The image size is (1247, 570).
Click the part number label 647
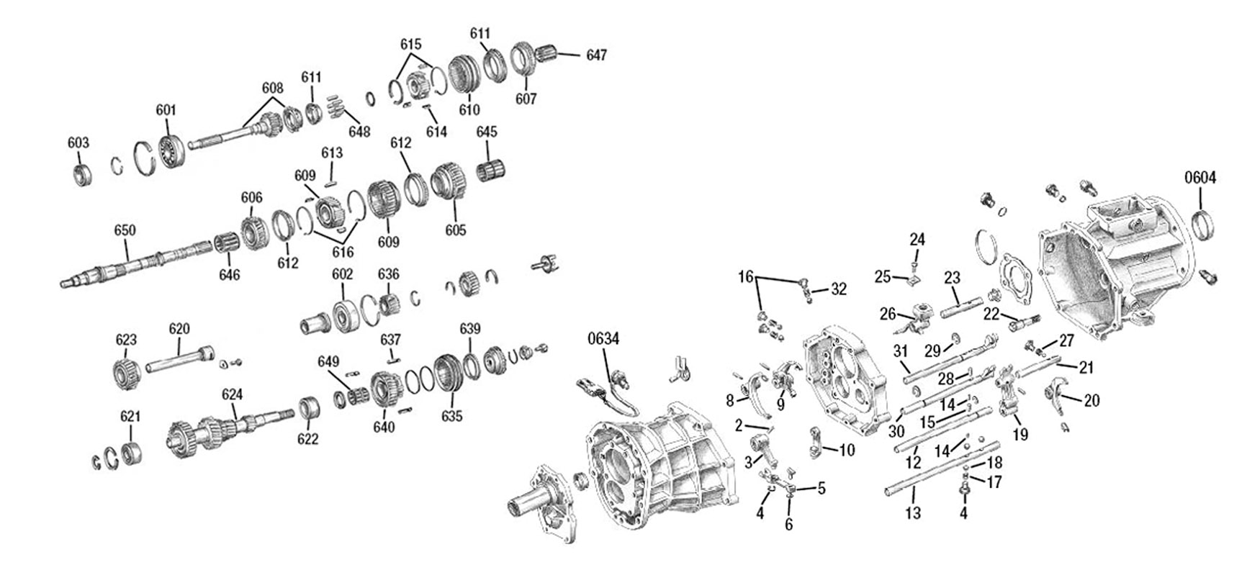tap(596, 55)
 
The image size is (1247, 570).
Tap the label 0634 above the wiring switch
tap(603, 338)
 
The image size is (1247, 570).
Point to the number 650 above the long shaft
tap(125, 230)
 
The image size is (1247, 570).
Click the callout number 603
tap(78, 142)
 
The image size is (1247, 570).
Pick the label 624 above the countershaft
tap(232, 394)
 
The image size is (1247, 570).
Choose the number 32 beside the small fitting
tap(839, 289)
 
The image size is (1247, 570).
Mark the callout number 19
tap(1020, 435)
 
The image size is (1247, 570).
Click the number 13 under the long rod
tap(913, 513)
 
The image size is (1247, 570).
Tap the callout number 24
tap(917, 239)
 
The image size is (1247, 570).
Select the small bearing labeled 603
tap(81, 175)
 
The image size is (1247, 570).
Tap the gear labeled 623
tap(127, 373)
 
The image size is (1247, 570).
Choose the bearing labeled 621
tap(130, 454)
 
